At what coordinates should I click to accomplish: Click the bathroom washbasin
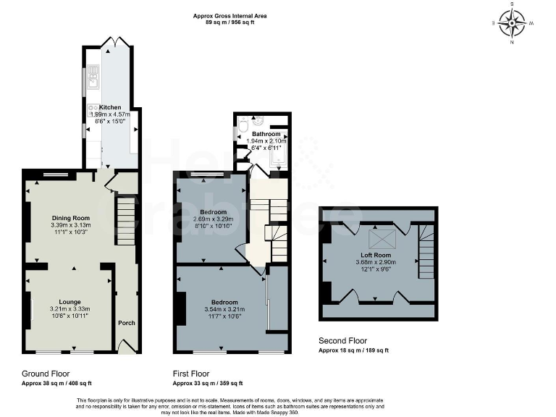click(x=258, y=120)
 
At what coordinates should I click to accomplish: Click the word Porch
click(x=127, y=323)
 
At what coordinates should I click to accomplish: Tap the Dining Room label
click(x=71, y=218)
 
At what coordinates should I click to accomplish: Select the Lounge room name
click(x=70, y=302)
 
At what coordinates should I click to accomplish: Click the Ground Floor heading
click(x=46, y=374)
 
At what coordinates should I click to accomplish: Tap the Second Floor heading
click(x=343, y=340)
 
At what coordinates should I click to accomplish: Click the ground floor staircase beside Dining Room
click(x=126, y=222)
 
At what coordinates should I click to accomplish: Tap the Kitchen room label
click(x=110, y=106)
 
